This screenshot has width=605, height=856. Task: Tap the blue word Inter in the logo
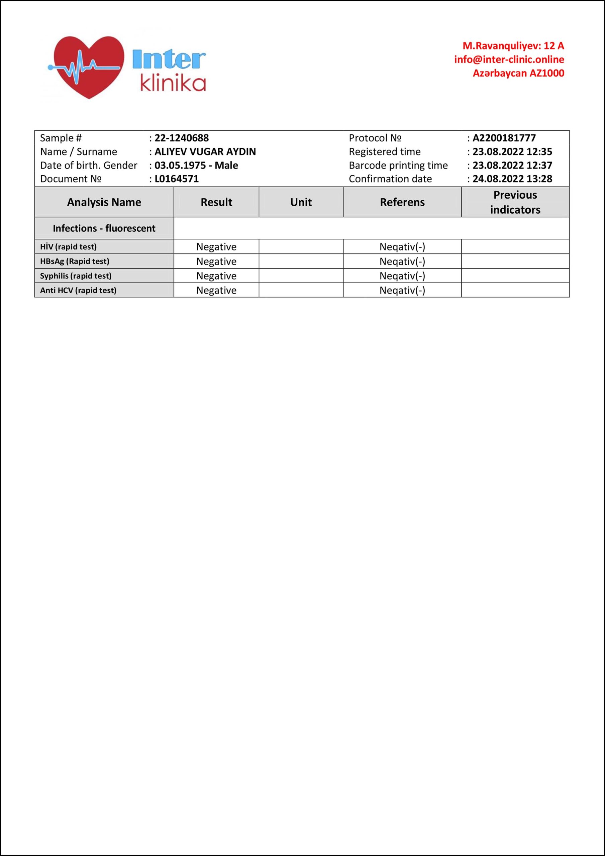click(169, 59)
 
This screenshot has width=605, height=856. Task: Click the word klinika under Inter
click(173, 84)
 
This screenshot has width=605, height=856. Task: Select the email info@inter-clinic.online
click(509, 59)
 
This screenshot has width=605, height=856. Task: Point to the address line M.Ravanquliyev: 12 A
click(513, 46)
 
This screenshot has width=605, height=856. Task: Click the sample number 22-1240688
click(182, 138)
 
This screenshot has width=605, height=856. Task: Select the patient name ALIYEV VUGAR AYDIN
click(205, 152)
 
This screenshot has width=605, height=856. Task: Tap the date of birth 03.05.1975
click(180, 165)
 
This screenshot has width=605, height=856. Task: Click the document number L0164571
click(177, 179)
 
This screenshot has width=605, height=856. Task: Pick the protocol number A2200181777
click(504, 138)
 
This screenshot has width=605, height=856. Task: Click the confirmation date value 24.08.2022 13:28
click(512, 179)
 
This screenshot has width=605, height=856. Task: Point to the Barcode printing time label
click(398, 165)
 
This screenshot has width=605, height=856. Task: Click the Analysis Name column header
click(104, 202)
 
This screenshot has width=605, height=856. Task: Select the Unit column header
click(301, 202)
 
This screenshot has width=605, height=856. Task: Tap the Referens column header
click(402, 202)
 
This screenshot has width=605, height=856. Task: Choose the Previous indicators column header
click(515, 202)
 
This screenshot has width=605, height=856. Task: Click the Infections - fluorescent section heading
click(104, 228)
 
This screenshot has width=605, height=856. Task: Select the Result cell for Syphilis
click(216, 276)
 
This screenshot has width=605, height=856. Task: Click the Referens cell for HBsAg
click(402, 261)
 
